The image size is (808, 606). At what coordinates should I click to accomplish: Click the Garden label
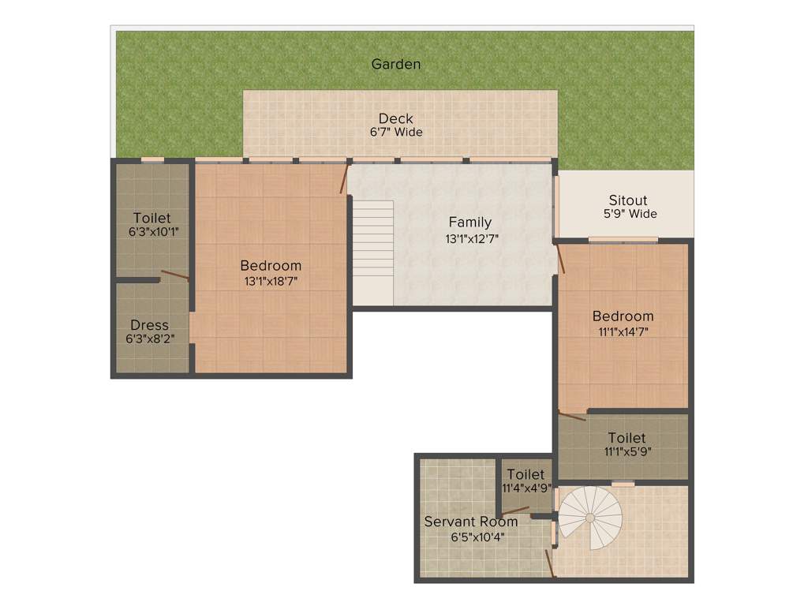point(396,64)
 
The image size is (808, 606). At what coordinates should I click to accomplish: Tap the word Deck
point(396,119)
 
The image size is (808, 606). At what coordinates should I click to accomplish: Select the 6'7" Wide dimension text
point(396,133)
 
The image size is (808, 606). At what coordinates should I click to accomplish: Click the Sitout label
point(628,200)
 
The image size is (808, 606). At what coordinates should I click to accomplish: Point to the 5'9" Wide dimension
point(630,214)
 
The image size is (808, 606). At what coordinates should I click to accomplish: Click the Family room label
point(470,223)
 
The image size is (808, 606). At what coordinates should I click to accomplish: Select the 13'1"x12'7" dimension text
point(471,237)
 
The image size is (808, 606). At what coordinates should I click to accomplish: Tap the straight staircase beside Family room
point(372,252)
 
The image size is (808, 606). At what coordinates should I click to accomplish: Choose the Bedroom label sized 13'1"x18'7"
point(271,266)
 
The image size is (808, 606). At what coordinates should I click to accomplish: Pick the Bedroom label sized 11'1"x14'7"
point(623,316)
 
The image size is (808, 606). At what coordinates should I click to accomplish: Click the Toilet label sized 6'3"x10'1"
point(151,219)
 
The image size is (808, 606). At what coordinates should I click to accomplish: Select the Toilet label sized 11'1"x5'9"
point(627,438)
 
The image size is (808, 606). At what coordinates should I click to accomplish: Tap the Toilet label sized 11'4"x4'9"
point(526,474)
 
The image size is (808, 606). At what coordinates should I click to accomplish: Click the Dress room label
point(149,325)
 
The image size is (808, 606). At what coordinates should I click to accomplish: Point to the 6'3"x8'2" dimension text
point(150,339)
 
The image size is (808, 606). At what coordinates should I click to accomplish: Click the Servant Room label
point(471,522)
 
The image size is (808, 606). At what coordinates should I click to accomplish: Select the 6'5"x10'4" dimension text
point(478,537)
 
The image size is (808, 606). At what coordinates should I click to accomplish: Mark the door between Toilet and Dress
point(174,275)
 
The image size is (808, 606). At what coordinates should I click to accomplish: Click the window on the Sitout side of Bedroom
point(623,239)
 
